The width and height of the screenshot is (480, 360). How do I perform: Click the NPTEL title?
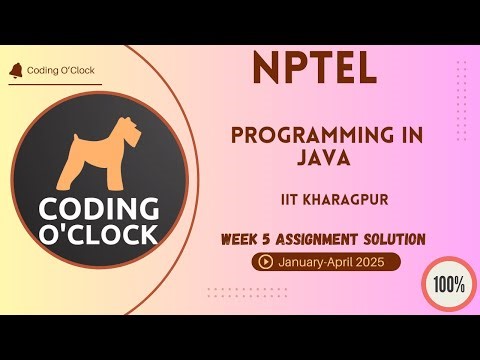pyautogui.click(x=314, y=68)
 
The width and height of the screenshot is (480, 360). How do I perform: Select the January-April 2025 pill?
pyautogui.click(x=327, y=263)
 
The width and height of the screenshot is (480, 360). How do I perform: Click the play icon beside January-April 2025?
pyautogui.click(x=266, y=263)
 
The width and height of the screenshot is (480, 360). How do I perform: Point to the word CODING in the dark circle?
pyautogui.click(x=98, y=210)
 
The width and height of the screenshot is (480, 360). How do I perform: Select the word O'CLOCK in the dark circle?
pyautogui.click(x=98, y=234)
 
